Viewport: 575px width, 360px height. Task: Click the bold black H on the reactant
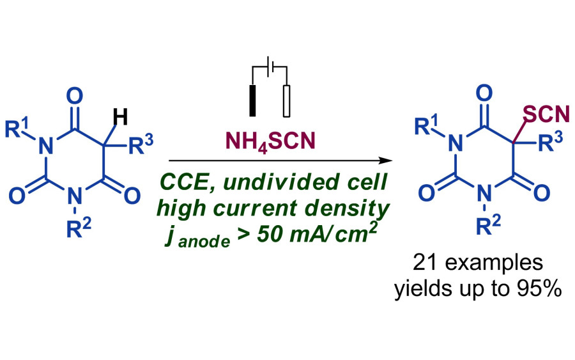pos(120,116)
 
